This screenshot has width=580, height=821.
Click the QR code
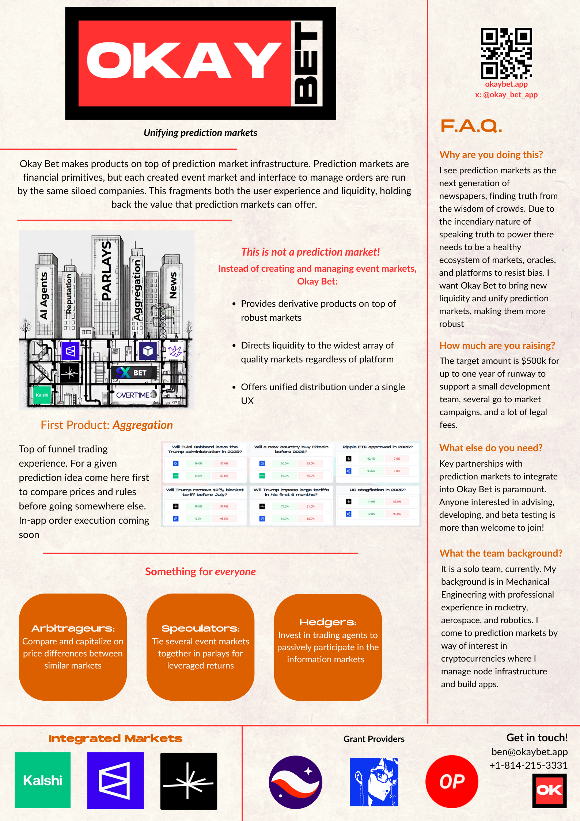tap(506, 53)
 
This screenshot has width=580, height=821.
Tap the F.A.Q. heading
tap(471, 126)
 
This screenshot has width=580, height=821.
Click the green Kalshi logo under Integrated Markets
tap(43, 780)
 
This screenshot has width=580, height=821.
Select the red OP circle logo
tap(452, 782)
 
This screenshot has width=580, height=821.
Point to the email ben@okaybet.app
tap(529, 752)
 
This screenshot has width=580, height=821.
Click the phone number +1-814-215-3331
tap(528, 765)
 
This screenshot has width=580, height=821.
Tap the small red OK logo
tap(549, 790)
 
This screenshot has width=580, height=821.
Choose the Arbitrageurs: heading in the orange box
tap(73, 628)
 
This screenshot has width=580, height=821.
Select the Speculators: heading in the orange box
tap(200, 628)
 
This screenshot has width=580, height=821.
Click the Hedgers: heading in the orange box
tap(327, 622)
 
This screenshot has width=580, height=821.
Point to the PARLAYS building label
tap(106, 271)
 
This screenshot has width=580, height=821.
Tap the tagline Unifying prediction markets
tap(200, 133)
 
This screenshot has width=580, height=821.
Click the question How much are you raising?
tap(497, 346)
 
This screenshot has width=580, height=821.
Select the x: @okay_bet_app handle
tap(506, 95)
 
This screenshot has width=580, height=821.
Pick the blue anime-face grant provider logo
tap(374, 782)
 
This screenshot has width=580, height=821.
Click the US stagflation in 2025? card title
tap(378, 490)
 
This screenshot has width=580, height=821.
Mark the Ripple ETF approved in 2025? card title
tap(378, 447)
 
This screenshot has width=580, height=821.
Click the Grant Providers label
tap(374, 739)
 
